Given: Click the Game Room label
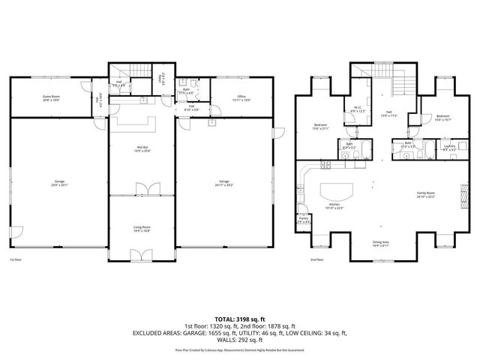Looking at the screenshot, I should [x=50, y=98].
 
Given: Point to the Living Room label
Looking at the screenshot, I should [x=142, y=229].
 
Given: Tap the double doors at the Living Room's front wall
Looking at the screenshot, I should [x=142, y=256].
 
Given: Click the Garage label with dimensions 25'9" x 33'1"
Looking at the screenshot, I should [x=59, y=182].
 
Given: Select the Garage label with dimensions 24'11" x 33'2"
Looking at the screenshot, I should [x=223, y=182].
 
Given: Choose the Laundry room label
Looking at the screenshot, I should [x=449, y=148].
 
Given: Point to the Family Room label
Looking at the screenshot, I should [x=427, y=194].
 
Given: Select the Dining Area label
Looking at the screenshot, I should [x=380, y=242].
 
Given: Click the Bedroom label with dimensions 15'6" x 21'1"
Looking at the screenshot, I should [x=320, y=127].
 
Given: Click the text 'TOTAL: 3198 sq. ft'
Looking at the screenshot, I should [x=240, y=319].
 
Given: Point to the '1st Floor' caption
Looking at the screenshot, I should [x=16, y=260].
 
